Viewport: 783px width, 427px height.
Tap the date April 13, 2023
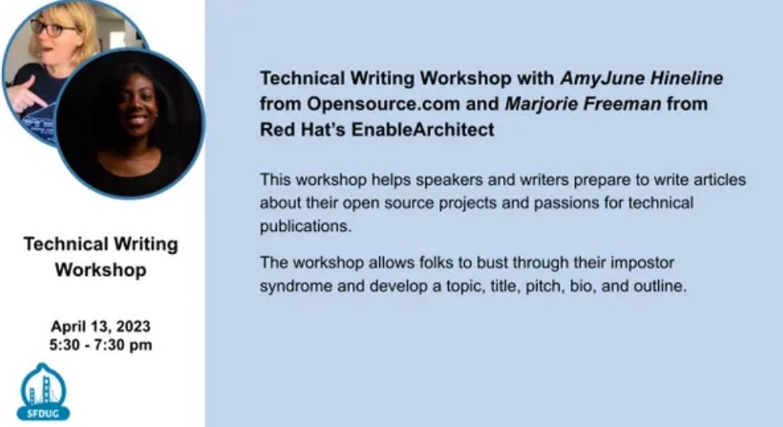[x=100, y=326]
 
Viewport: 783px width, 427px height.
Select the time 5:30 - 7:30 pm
[x=100, y=345]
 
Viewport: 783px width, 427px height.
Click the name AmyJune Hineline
[x=641, y=78]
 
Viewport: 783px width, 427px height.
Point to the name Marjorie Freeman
[x=583, y=104]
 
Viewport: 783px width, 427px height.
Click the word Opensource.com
[x=383, y=104]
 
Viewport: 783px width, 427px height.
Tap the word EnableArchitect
[x=422, y=130]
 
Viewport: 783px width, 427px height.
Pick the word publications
[x=306, y=226]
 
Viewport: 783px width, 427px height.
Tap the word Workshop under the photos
[x=100, y=270]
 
